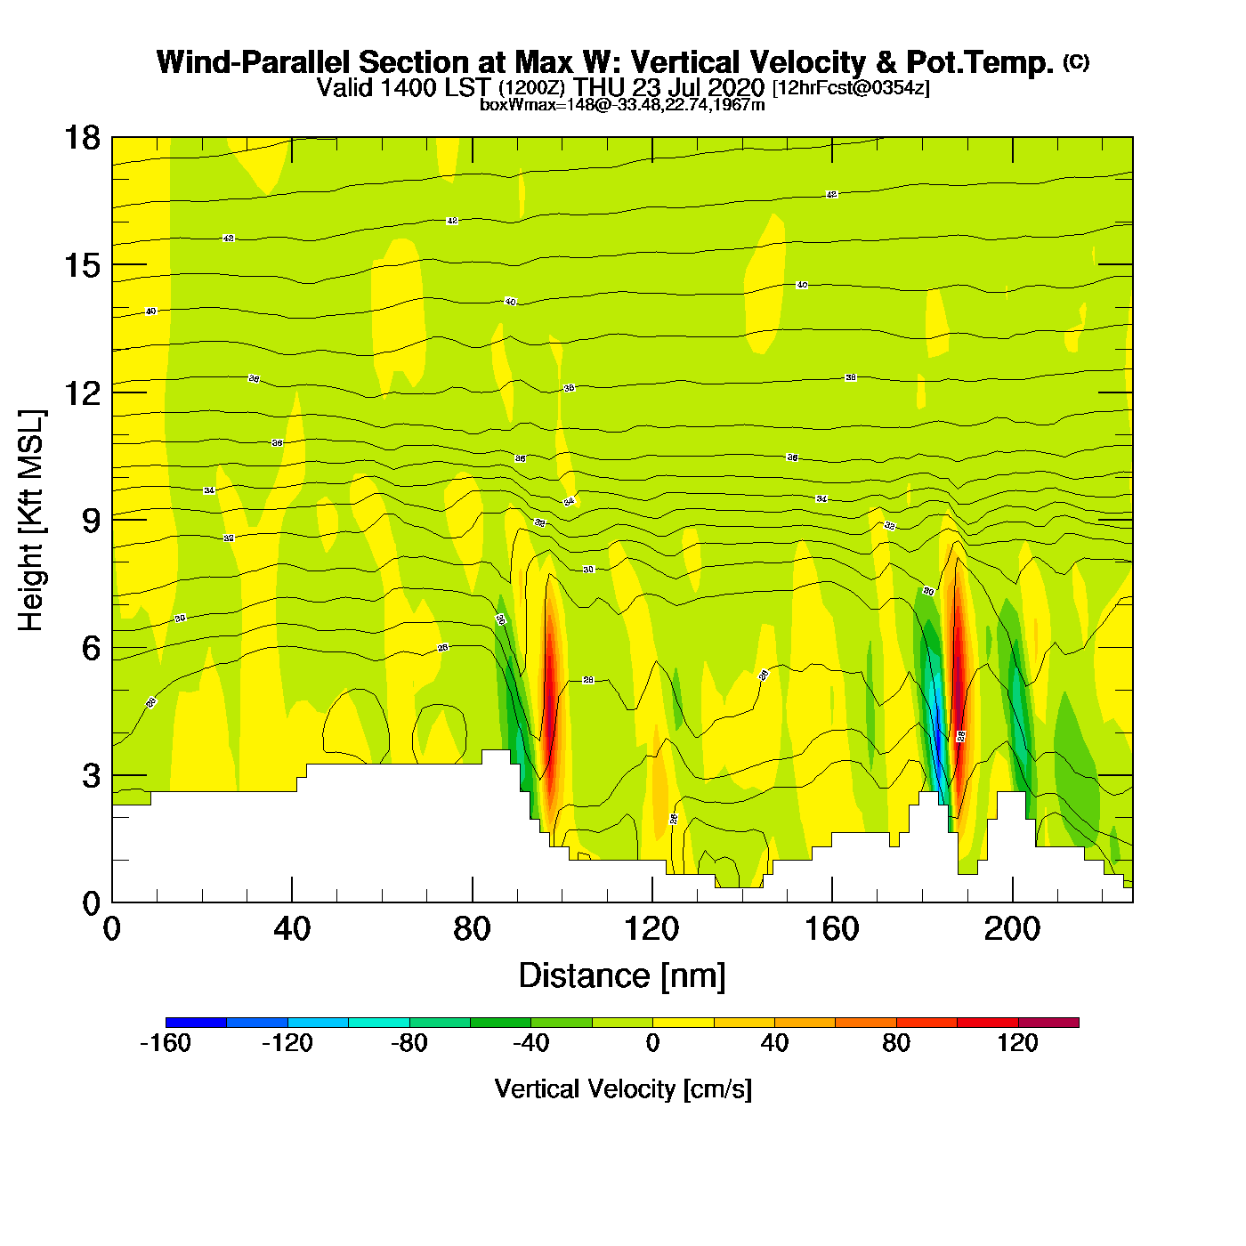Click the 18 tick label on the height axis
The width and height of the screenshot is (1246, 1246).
point(81,138)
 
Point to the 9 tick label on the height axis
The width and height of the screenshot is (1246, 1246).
point(91,521)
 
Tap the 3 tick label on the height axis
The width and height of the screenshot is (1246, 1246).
point(91,776)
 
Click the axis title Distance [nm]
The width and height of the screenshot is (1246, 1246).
point(622,976)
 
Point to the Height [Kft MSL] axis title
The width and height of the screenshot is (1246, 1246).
point(31,521)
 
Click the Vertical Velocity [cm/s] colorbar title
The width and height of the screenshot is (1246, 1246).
point(622,1089)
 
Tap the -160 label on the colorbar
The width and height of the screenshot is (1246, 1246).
point(166,1044)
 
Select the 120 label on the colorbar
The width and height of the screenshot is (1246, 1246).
point(1017,1044)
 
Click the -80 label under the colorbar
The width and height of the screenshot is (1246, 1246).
point(409,1044)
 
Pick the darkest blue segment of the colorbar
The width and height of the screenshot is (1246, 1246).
point(196,1023)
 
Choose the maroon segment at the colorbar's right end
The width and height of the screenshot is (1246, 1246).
point(1048,1023)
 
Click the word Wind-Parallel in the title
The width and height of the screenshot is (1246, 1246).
point(252,63)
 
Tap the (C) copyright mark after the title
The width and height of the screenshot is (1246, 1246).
point(1076,61)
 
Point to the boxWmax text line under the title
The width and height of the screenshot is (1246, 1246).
point(622,105)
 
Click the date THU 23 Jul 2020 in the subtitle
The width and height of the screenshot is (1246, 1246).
point(669,87)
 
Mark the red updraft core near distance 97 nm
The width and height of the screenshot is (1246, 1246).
point(550,694)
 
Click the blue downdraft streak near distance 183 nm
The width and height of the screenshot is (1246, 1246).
point(937,730)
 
